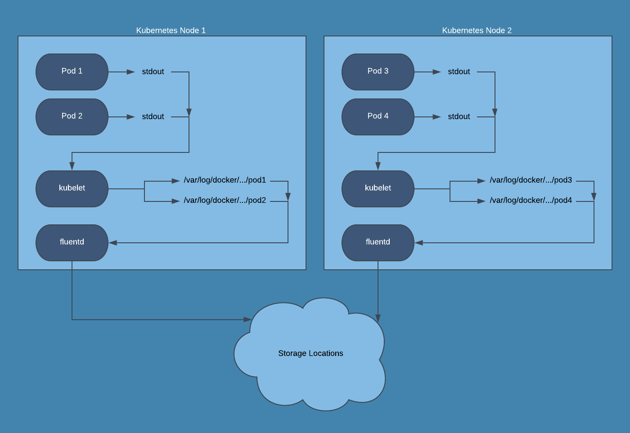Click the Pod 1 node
(x=72, y=71)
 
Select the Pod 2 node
(x=72, y=116)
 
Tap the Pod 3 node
(x=378, y=71)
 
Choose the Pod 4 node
(x=378, y=116)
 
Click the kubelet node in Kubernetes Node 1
(x=72, y=188)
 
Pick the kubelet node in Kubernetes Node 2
(x=378, y=188)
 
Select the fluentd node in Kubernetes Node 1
(x=72, y=242)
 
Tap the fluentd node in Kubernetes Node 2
(x=378, y=242)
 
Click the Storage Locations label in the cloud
(x=310, y=353)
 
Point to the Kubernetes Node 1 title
(x=171, y=31)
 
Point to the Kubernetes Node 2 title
(x=477, y=31)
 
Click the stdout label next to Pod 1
(x=153, y=71)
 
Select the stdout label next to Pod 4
(x=459, y=116)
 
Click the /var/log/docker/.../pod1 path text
(x=225, y=180)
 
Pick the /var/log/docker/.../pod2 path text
(x=225, y=201)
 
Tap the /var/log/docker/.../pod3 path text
(x=531, y=180)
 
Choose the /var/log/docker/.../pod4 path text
(x=531, y=201)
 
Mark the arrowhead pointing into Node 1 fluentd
(x=113, y=243)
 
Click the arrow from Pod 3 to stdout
(x=427, y=72)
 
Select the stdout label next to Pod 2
(x=153, y=116)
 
